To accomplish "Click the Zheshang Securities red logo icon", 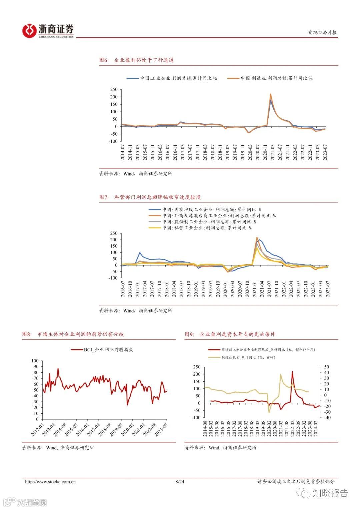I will point(29,31).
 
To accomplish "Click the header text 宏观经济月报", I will point(322,32).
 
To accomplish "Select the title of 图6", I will point(136,60).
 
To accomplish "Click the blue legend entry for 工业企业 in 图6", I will point(172,78).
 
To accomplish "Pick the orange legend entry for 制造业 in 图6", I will point(270,78).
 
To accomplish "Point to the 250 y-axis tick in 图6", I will point(114,89).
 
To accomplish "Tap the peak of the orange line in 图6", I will point(271,94).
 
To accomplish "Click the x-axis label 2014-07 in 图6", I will point(123,152).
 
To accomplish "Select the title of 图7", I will point(150,197).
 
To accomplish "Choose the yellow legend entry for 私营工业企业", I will point(200,228).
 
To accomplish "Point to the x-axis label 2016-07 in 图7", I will point(123,289).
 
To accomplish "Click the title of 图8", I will point(73,334).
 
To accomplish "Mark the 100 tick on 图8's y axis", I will point(35,361).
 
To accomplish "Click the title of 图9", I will point(230,334).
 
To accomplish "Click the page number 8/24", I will point(180,482).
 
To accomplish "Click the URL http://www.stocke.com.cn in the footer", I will point(50,482).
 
